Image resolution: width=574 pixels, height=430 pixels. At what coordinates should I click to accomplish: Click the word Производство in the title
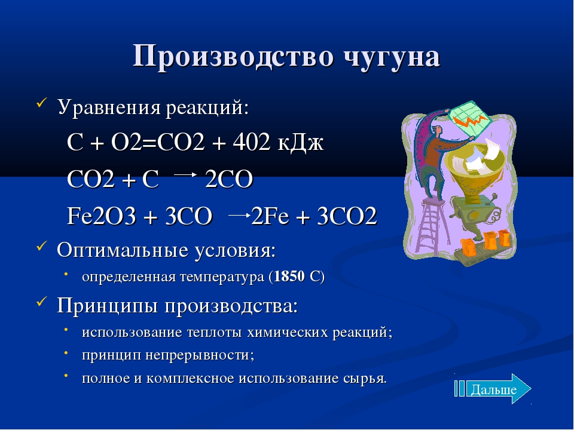click(233, 56)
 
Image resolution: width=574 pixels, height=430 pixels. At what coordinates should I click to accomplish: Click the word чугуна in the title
click(392, 57)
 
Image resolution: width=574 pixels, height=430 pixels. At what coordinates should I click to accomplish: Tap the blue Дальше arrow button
click(492, 389)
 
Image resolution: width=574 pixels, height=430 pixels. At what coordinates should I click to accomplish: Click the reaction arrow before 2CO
click(185, 175)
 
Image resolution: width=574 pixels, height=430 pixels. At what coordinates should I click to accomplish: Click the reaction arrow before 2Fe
click(239, 215)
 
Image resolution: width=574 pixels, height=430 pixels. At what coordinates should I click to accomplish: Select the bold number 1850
click(289, 277)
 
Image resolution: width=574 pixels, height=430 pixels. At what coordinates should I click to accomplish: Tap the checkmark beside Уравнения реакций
click(41, 103)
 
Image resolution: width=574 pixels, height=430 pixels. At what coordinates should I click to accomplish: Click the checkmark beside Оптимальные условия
click(41, 245)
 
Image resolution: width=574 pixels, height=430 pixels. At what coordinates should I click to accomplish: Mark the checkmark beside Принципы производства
click(41, 301)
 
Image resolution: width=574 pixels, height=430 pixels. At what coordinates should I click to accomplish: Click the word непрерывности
click(199, 355)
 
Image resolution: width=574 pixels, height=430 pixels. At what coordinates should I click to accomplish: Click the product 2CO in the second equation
click(229, 180)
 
